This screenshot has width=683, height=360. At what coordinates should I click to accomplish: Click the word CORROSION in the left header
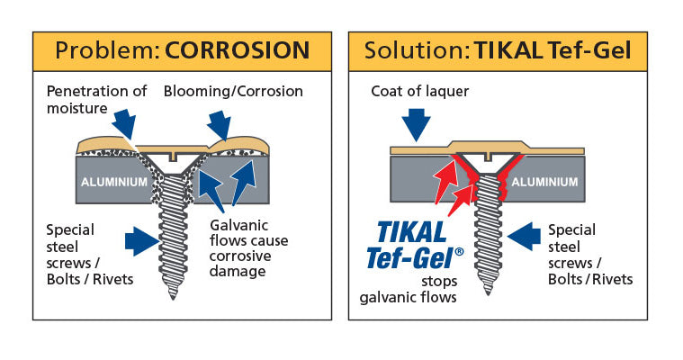click(x=237, y=49)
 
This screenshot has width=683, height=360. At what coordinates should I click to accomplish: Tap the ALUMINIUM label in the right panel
click(x=545, y=181)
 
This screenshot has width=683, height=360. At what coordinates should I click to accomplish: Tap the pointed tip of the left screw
click(x=173, y=298)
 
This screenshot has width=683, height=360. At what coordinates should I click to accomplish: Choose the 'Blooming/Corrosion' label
click(x=233, y=91)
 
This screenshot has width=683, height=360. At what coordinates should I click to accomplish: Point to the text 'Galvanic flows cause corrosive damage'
click(x=244, y=247)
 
